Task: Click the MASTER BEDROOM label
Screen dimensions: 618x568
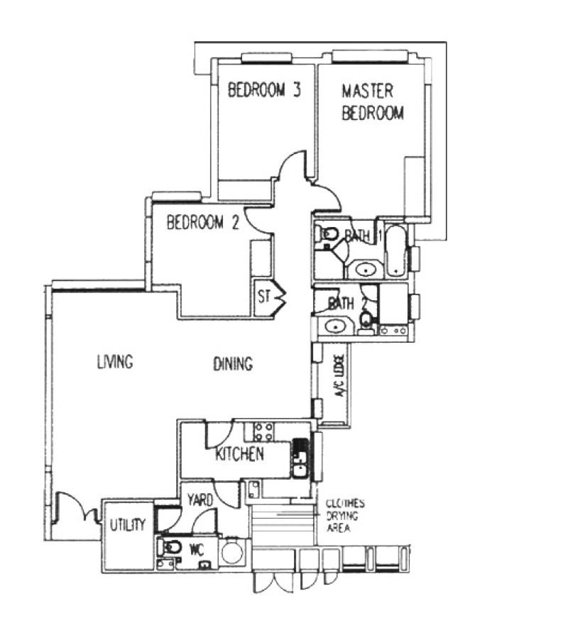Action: tap(373, 102)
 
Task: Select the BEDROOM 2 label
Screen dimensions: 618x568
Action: tap(202, 223)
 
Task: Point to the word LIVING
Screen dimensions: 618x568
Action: tap(115, 362)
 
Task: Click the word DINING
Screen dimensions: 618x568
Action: tap(233, 365)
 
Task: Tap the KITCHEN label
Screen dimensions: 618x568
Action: tap(240, 454)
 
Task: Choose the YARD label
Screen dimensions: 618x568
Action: tap(200, 500)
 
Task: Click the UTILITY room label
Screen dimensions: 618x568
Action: tap(128, 526)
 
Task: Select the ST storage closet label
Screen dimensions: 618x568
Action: tap(264, 297)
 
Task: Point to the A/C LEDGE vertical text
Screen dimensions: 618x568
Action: tap(340, 385)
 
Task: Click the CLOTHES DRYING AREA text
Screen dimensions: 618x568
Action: tap(345, 516)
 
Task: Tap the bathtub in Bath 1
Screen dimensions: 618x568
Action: tap(395, 252)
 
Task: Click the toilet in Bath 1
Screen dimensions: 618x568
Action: tap(328, 235)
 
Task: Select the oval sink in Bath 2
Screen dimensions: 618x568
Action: tap(333, 326)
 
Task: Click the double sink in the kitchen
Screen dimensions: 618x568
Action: tap(300, 458)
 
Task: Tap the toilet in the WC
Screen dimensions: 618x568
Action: tap(171, 548)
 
